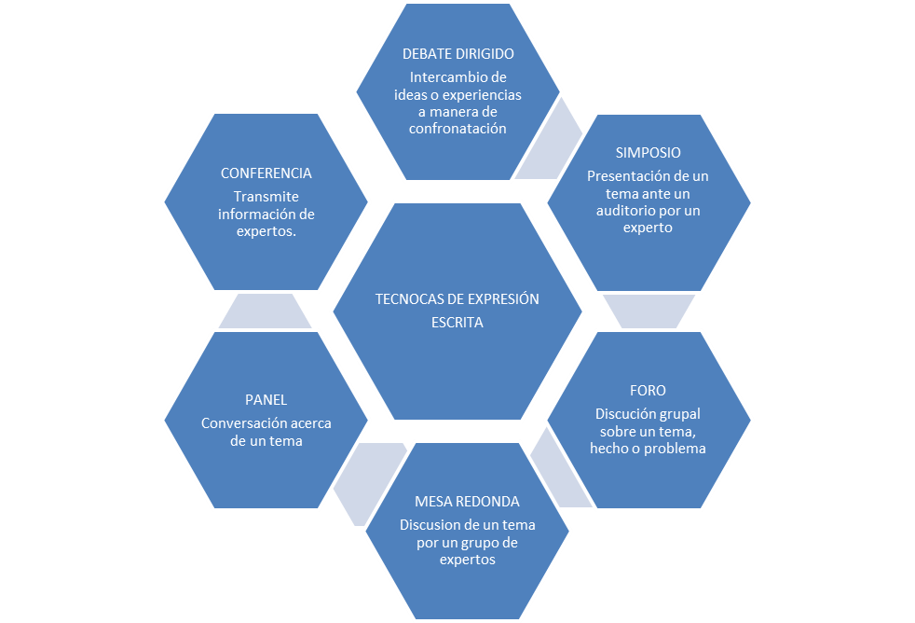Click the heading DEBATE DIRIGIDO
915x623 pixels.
[457, 54]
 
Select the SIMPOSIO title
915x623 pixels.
[648, 152]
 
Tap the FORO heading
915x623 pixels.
[648, 390]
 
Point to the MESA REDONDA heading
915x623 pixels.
[467, 502]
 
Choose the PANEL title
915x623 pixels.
[266, 399]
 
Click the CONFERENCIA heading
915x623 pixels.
[266, 173]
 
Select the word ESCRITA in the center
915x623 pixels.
[457, 323]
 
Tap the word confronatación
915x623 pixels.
[457, 130]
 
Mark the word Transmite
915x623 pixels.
[266, 197]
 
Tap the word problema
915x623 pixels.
[676, 449]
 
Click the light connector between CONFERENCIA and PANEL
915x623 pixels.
[266, 311]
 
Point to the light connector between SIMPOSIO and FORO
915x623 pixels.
[648, 311]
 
